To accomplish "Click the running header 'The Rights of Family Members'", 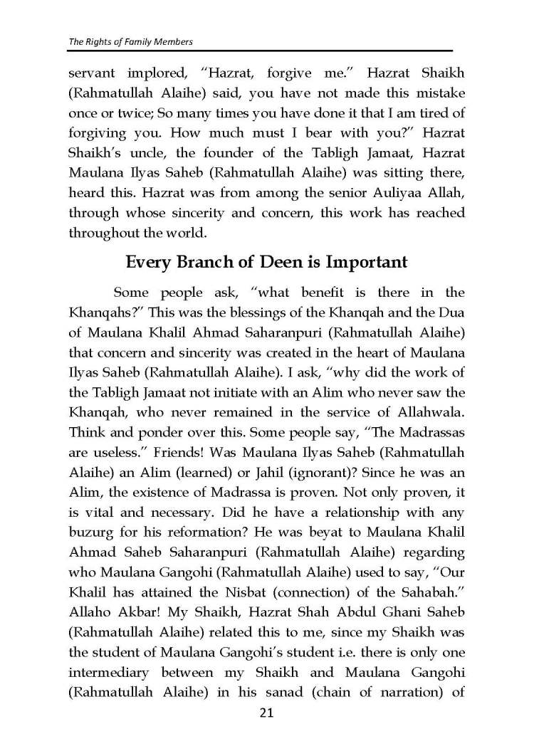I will [x=130, y=42].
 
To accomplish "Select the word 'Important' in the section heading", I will [x=366, y=261].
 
